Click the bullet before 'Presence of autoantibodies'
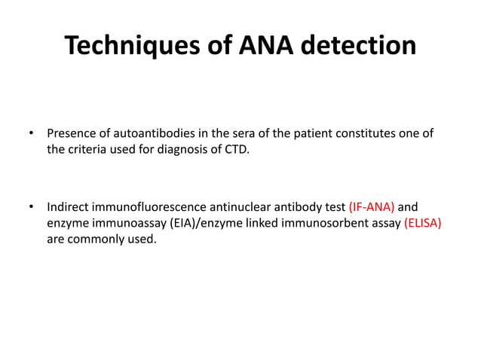tap(32, 134)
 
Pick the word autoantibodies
tap(146, 134)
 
